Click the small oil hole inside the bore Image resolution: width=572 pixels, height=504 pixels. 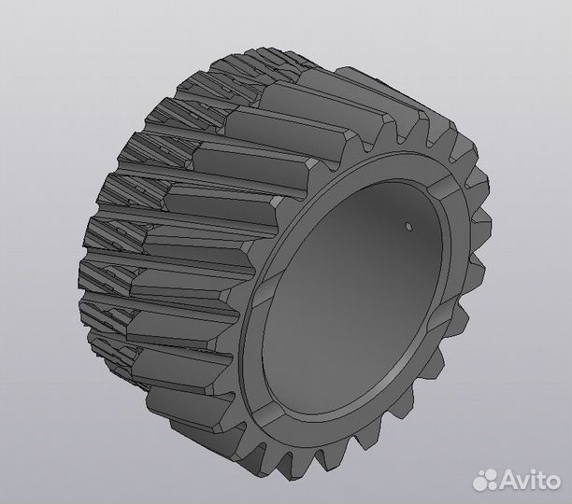[408, 225]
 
